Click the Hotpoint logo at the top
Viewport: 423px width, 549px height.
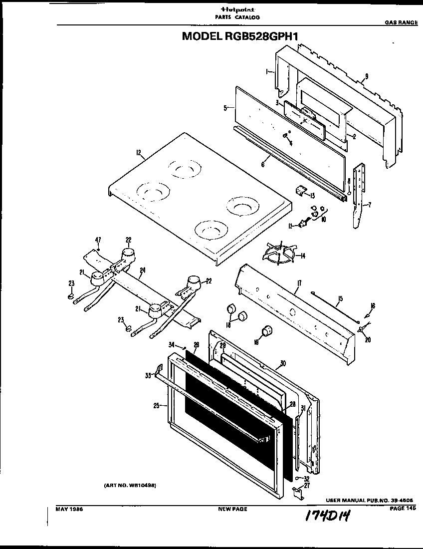[237, 9]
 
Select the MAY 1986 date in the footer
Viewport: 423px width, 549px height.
[68, 509]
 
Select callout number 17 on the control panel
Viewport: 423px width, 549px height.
[298, 284]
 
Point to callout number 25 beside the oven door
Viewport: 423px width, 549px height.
[156, 406]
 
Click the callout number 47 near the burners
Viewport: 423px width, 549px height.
[98, 240]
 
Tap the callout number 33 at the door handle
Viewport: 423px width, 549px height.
[148, 375]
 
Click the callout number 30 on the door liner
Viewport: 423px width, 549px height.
[282, 363]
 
